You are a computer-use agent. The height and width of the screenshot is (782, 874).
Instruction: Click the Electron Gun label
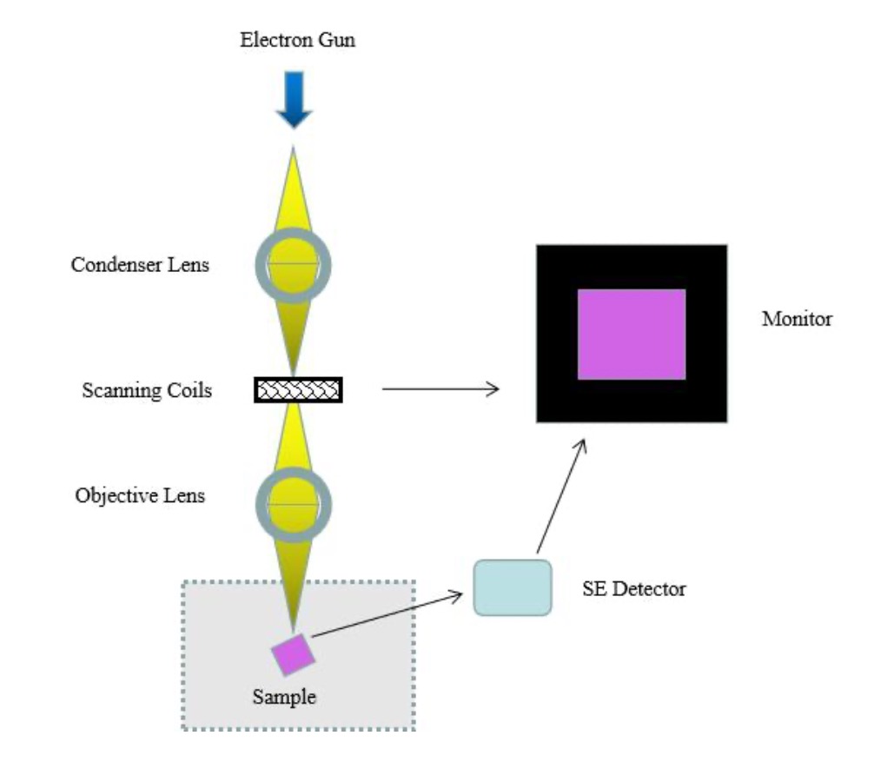(x=297, y=40)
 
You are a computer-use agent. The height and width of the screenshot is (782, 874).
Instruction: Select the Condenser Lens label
(x=140, y=265)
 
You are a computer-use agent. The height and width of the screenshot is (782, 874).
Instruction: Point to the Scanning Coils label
(x=147, y=390)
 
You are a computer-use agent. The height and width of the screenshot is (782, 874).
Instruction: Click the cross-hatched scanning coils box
(x=298, y=390)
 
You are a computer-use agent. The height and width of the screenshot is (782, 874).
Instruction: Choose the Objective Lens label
(x=140, y=496)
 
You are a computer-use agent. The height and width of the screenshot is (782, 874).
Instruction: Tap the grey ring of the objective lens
(x=261, y=504)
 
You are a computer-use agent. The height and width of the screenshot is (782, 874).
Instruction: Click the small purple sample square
(x=294, y=654)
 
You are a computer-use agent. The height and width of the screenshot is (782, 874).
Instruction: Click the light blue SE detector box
(x=512, y=588)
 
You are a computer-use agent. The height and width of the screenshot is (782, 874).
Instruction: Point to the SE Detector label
(x=633, y=589)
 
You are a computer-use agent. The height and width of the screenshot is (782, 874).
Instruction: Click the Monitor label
(x=797, y=319)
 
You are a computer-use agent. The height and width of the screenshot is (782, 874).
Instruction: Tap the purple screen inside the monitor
(x=632, y=335)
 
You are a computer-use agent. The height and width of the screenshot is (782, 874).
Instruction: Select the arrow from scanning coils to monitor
(x=440, y=389)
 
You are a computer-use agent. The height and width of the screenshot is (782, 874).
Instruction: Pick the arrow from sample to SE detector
(x=387, y=614)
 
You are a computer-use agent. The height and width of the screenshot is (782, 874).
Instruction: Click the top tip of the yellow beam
(x=295, y=149)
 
